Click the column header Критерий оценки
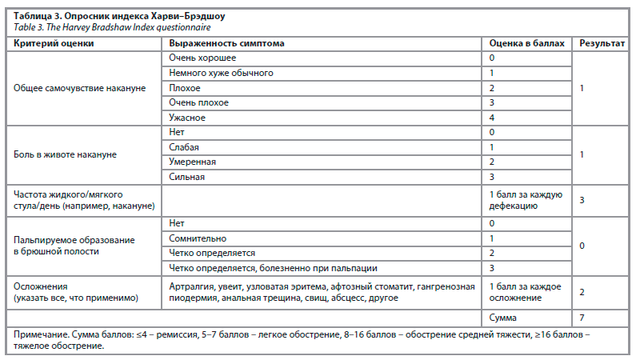[54, 42]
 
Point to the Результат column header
[602, 42]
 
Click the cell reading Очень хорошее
[203, 58]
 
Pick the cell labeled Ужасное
[188, 118]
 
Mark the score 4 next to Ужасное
[492, 118]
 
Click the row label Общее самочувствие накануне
[80, 88]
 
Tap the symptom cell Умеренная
[193, 162]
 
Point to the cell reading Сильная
[187, 177]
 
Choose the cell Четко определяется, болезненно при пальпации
[273, 268]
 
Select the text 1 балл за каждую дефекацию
[526, 200]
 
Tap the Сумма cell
[502, 318]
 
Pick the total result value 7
[582, 318]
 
